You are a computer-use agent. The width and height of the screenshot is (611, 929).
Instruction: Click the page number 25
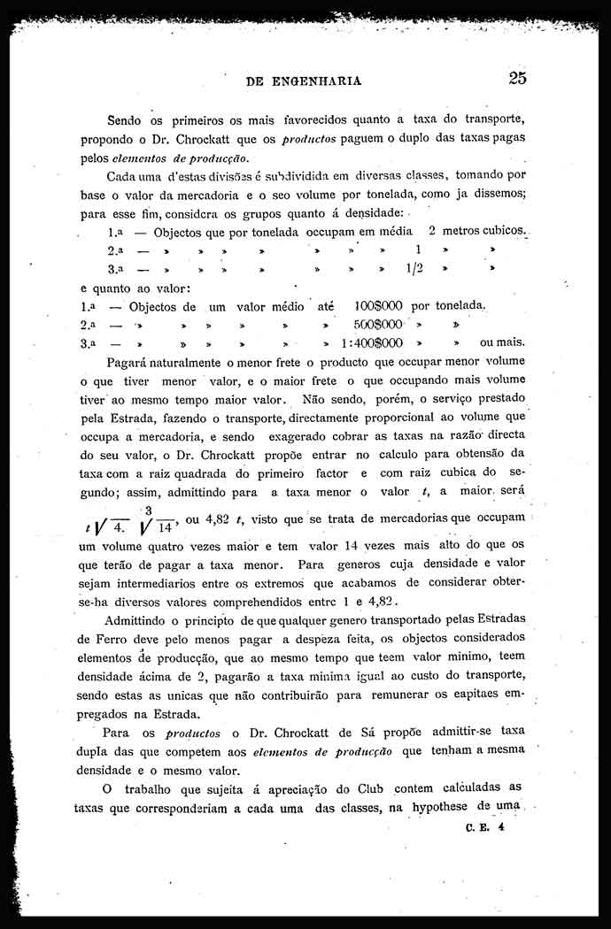pos(518,77)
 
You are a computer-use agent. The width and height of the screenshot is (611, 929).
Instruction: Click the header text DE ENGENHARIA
pos(304,81)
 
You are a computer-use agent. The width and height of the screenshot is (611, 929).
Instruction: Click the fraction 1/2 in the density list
pos(412,268)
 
